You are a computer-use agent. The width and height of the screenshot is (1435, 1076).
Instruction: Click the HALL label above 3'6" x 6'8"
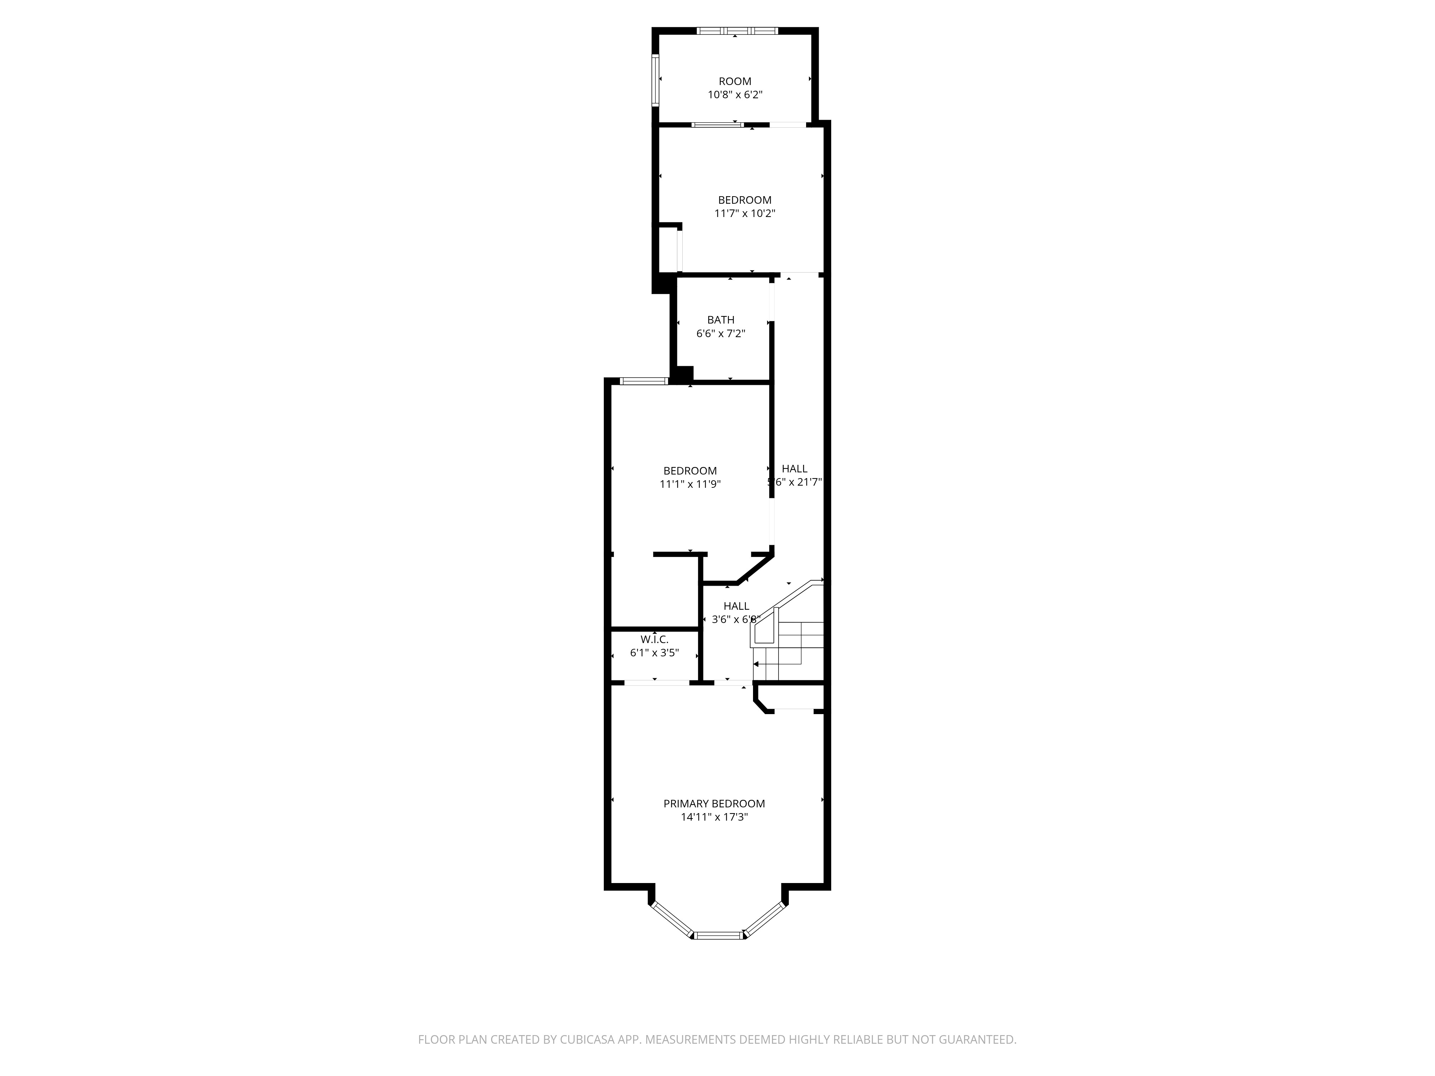point(736,606)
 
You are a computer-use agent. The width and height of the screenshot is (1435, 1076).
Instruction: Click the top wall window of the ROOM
point(737,30)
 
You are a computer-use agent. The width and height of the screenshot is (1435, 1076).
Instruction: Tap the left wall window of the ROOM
point(655,79)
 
